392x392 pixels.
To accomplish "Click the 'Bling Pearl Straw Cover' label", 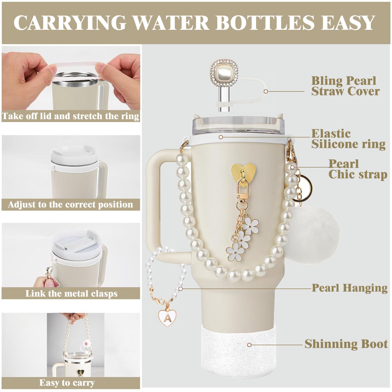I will (345, 86).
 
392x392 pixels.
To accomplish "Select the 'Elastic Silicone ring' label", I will (348, 139).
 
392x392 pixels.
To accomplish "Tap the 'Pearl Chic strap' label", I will (357, 169).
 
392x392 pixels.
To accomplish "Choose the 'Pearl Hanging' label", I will (349, 288).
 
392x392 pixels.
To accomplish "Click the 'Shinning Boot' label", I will (346, 344).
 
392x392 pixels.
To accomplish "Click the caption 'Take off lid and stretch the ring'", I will (71, 116).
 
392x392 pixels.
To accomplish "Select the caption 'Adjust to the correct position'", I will (71, 204).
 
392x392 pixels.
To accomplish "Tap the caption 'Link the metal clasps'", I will (71, 293).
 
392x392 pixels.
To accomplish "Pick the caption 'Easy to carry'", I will (67, 383).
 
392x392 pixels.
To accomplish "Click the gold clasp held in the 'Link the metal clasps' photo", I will (49, 273).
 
